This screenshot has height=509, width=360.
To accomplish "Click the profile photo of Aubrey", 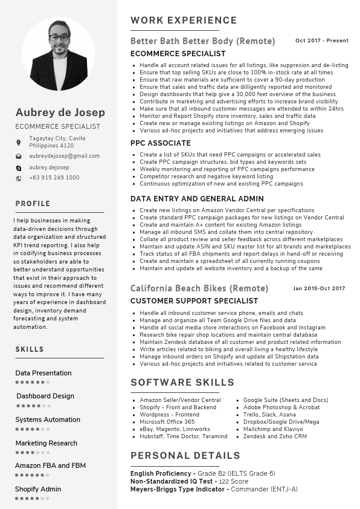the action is (59, 54).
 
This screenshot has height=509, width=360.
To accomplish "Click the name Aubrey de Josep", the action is (60, 112).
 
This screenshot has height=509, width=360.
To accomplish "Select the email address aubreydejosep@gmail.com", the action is (65, 156).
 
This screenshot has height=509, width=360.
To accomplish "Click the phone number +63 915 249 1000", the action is (54, 178).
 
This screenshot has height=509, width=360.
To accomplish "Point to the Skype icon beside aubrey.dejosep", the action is (19, 167).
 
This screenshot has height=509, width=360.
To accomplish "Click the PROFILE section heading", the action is (33, 204).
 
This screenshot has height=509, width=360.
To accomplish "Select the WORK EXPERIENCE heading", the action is (175, 21).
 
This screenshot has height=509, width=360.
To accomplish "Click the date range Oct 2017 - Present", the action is (321, 41).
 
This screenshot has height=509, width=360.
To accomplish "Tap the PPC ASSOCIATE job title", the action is (161, 143).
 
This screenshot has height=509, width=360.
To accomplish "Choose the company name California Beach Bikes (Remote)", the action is (199, 288).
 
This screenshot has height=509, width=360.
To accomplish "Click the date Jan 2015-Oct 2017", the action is (319, 288).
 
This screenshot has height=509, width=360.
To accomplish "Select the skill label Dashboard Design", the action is (45, 397).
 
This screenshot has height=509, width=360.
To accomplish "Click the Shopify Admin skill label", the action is (38, 489).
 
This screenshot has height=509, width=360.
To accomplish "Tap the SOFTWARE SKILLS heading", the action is (182, 383).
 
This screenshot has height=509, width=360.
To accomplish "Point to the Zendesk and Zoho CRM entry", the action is (275, 436).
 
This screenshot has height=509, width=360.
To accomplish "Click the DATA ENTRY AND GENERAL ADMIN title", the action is (197, 199).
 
